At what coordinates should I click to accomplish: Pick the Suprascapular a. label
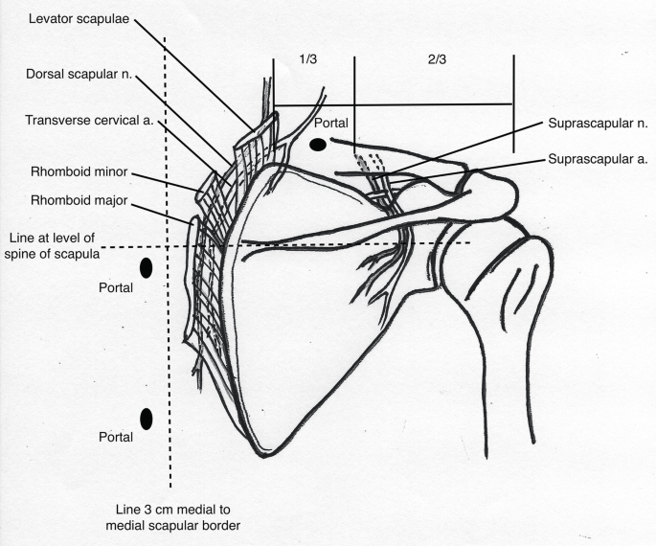(x=599, y=159)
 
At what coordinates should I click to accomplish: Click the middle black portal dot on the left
(x=147, y=269)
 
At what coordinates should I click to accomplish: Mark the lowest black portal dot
(x=147, y=419)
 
